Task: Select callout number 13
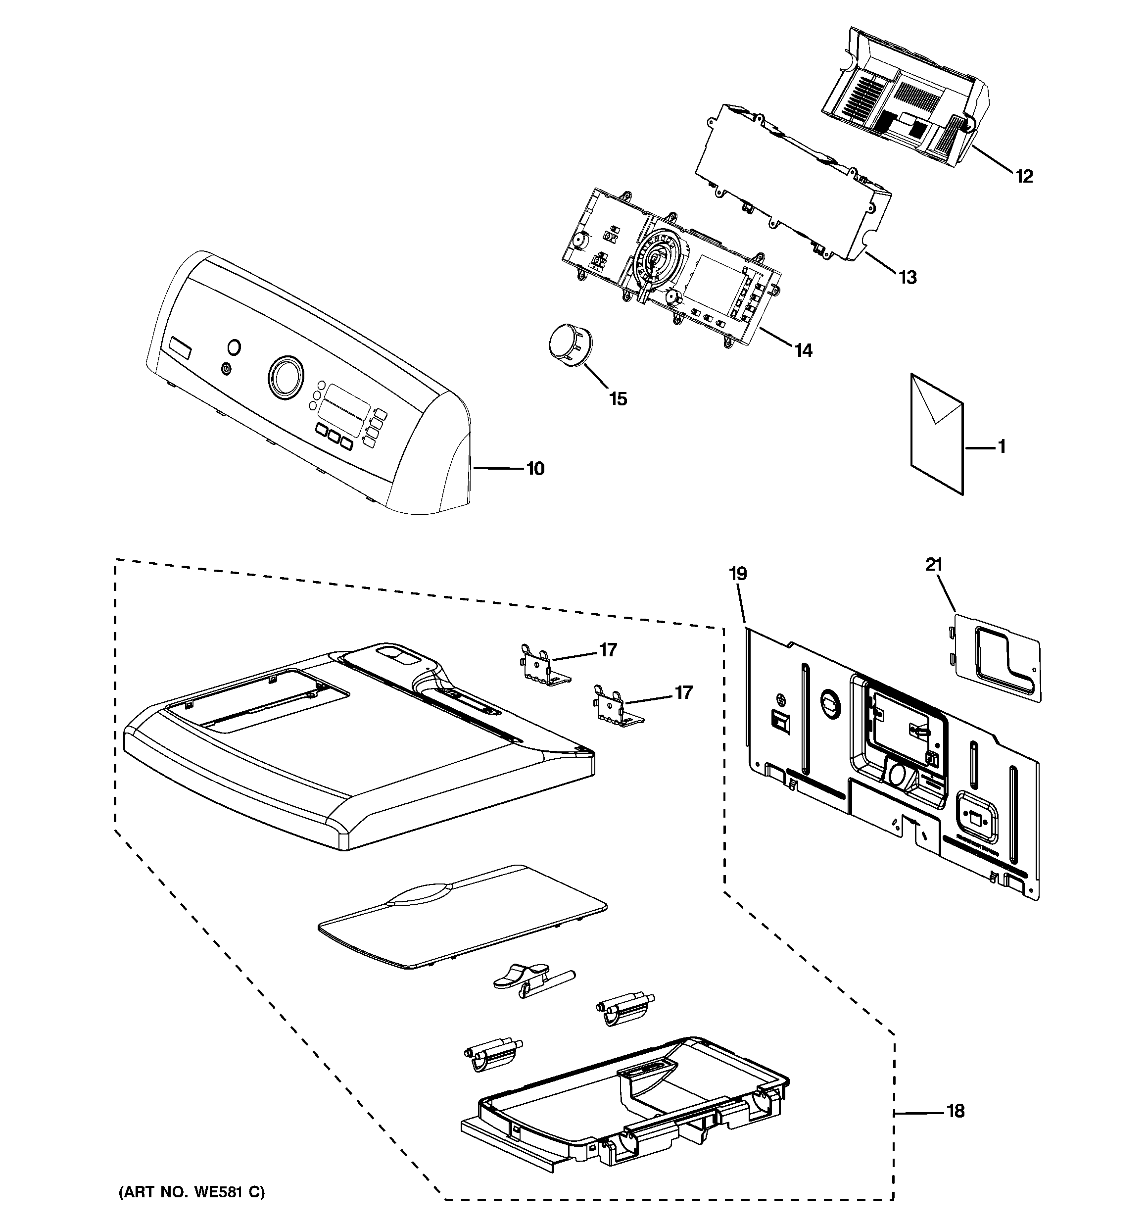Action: (907, 277)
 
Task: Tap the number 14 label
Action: (803, 350)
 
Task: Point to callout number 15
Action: (618, 398)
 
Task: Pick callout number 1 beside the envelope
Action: (1002, 446)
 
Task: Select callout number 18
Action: (955, 1112)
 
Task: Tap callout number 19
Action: (738, 574)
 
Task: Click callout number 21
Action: (934, 564)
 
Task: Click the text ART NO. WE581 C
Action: (191, 1193)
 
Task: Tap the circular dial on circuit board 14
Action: (656, 255)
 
